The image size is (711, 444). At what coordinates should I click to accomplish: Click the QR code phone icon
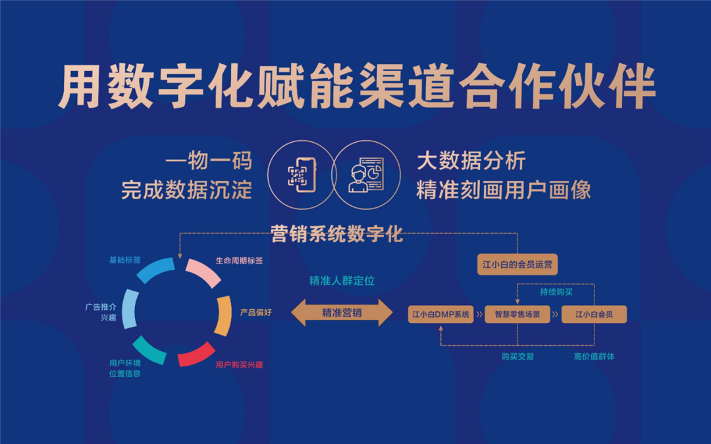(301, 175)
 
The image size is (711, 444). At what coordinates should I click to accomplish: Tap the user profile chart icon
(366, 175)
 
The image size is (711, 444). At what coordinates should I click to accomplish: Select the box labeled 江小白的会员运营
(517, 264)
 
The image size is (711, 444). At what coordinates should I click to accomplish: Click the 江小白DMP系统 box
(440, 314)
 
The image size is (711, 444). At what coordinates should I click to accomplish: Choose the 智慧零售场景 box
(517, 314)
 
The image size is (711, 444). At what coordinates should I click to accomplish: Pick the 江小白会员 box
(594, 314)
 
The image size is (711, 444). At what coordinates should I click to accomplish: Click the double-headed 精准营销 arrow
(342, 312)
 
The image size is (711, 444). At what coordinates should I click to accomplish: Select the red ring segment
(196, 355)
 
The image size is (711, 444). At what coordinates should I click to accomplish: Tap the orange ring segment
(224, 316)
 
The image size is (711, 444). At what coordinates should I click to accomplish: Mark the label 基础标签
(124, 260)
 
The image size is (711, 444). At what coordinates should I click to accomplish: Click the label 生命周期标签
(239, 260)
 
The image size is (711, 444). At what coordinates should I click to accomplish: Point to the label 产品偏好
(255, 312)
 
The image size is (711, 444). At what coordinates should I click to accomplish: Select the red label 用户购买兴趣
(239, 364)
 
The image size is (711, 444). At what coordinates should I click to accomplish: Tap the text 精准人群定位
(342, 281)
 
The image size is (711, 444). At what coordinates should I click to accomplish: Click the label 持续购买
(556, 292)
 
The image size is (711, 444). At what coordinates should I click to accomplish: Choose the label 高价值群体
(594, 357)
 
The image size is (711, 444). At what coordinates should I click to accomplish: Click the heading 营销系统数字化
(337, 234)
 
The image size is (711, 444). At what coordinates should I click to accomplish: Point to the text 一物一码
(209, 161)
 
